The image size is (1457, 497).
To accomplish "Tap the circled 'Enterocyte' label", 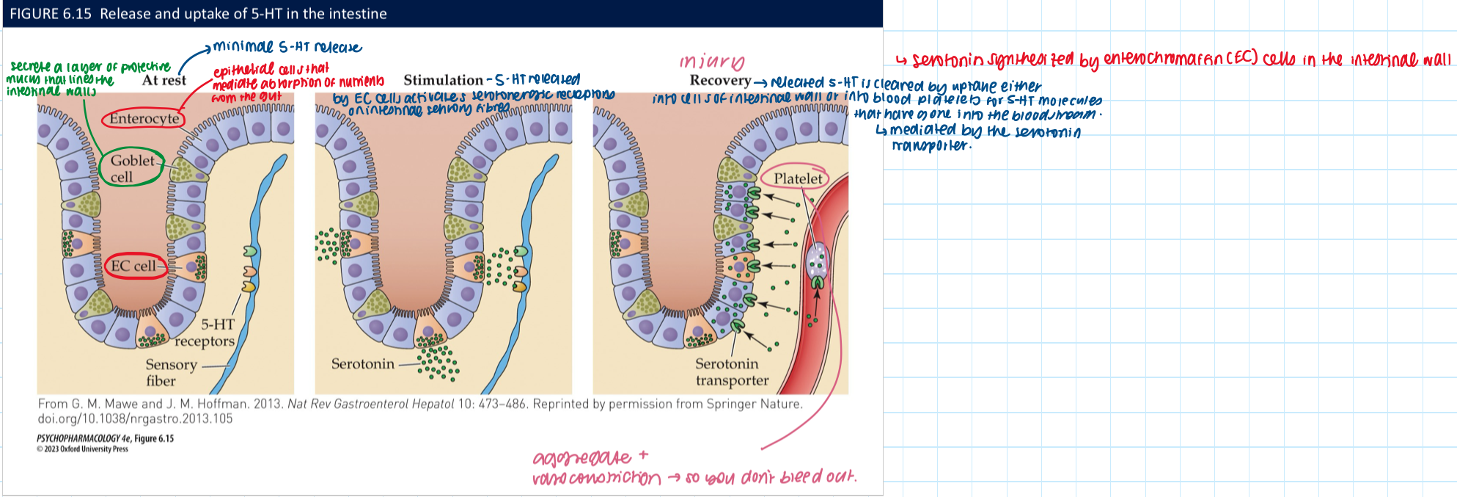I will tap(144, 118).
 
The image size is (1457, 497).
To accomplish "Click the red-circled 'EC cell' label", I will tap(133, 266).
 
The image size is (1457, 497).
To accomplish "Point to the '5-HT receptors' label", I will tap(206, 333).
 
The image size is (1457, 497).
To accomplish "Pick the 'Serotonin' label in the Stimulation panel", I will tap(362, 364).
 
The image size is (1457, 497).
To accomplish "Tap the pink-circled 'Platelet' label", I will tap(798, 178).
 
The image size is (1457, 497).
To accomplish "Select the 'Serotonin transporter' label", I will tap(731, 371).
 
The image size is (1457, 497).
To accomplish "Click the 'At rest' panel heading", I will tap(164, 81).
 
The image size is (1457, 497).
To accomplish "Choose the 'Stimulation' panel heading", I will tap(443, 80).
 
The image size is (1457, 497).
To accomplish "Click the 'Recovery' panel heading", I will tap(720, 81).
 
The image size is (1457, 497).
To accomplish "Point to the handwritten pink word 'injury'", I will tap(711, 62).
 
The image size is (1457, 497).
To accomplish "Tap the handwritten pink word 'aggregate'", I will tap(581, 459).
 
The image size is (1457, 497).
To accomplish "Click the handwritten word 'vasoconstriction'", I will tap(596, 479).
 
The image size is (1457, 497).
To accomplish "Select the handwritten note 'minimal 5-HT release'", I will tap(287, 48).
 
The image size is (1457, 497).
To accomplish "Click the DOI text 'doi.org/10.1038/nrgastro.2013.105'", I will tap(135, 418).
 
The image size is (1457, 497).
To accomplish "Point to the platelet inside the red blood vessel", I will tap(816, 263).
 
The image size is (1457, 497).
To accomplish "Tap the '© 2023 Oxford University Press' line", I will tap(82, 449).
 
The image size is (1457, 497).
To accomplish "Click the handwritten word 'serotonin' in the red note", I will tap(947, 60).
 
